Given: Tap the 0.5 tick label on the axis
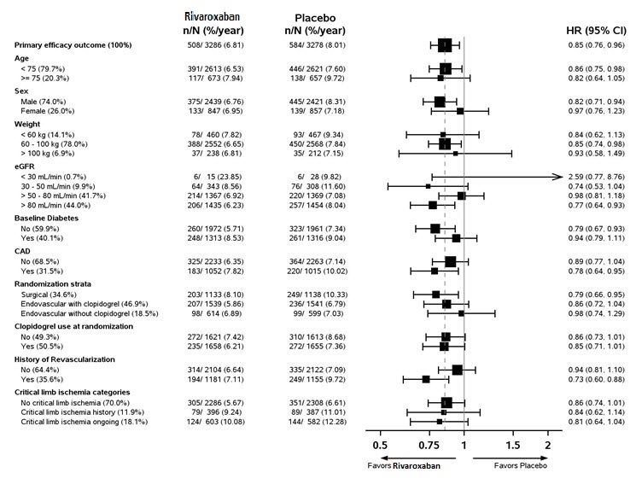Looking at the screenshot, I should tap(380, 446).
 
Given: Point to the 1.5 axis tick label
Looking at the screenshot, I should tap(512, 446).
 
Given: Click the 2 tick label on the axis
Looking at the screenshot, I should tap(547, 446).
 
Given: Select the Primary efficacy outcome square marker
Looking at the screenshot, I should tap(445, 44).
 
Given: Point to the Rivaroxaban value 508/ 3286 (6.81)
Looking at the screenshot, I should tap(214, 44).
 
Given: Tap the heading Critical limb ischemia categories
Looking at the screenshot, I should tap(73, 389).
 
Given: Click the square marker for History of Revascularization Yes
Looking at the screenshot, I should tap(427, 378).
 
